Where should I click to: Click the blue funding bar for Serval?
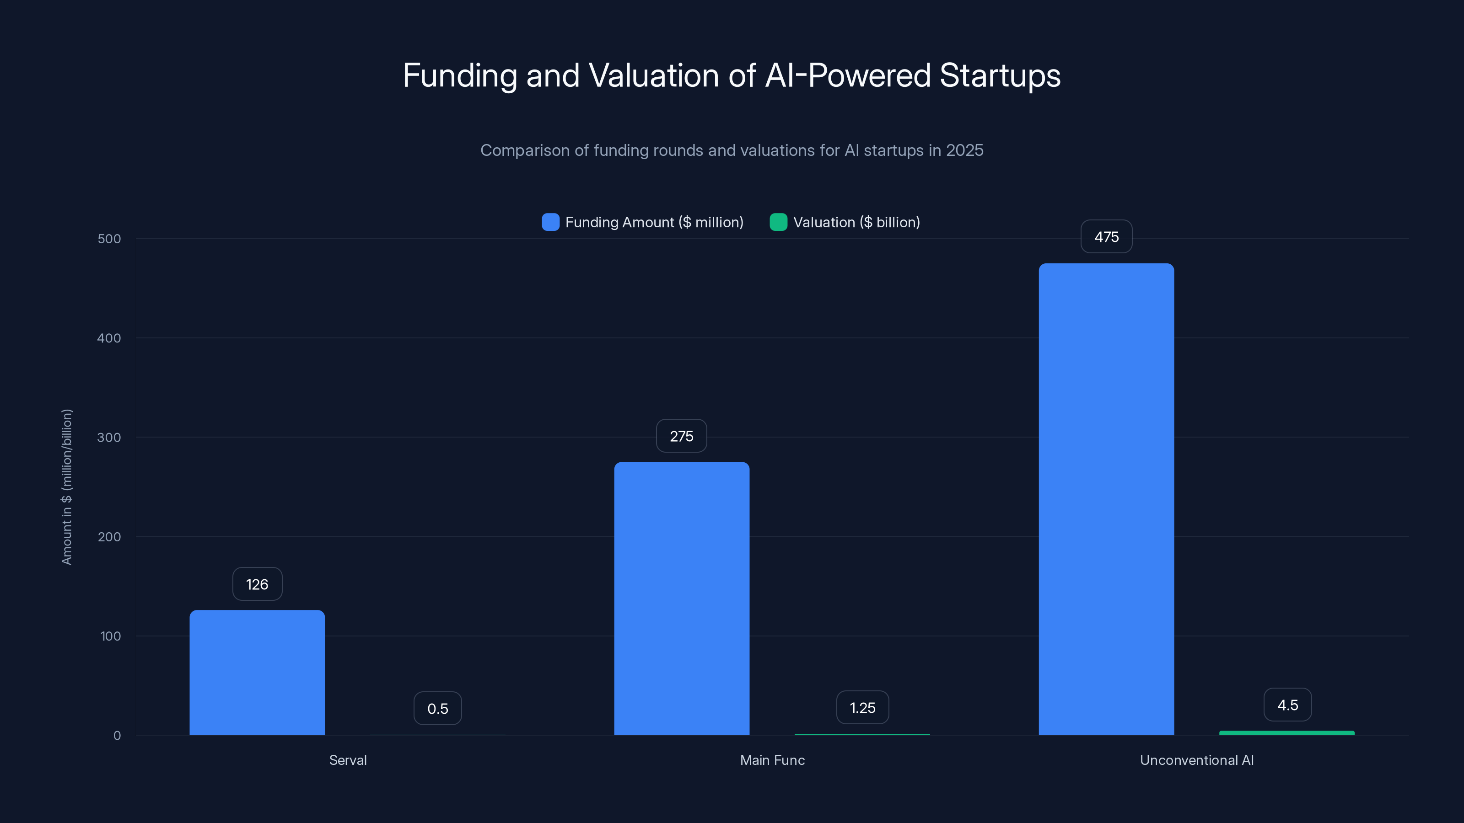click(x=257, y=673)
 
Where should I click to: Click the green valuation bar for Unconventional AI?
click(x=1286, y=732)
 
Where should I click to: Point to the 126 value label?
click(x=257, y=584)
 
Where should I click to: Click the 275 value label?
click(x=681, y=436)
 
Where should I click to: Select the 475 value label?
click(x=1106, y=237)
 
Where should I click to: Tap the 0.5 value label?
click(x=438, y=708)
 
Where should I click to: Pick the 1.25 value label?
click(x=862, y=708)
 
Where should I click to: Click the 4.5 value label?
click(x=1287, y=705)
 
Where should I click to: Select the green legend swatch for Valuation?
click(x=778, y=222)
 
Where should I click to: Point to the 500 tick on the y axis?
click(x=109, y=239)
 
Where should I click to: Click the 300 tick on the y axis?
click(x=109, y=438)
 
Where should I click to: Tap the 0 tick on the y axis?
click(x=117, y=736)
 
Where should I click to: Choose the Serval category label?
click(x=348, y=760)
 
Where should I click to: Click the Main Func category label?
click(x=772, y=760)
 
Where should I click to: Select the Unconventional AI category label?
click(x=1196, y=760)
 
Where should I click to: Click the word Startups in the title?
click(x=1000, y=75)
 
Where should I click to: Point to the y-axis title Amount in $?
click(x=66, y=487)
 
